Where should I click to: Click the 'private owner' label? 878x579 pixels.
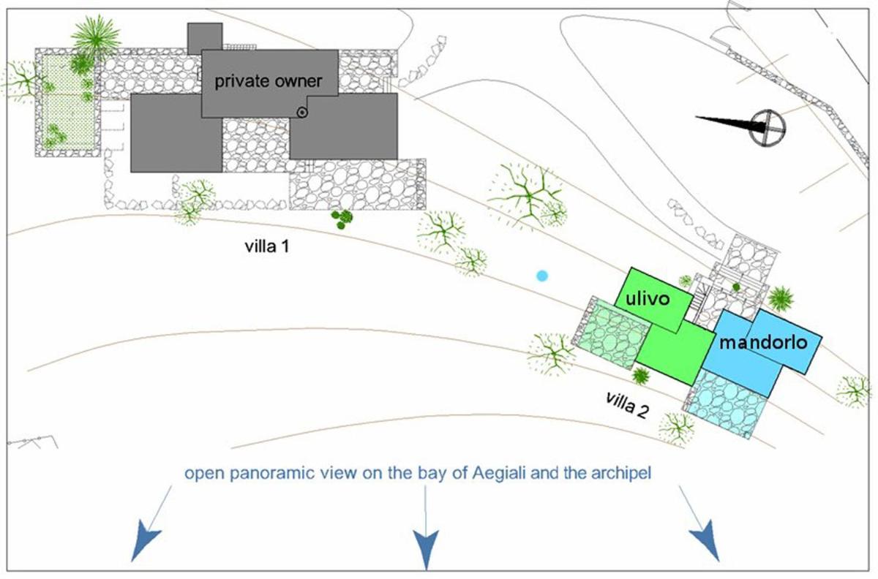click(269, 82)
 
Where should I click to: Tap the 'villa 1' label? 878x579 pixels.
click(267, 246)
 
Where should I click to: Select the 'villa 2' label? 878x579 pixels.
click(627, 405)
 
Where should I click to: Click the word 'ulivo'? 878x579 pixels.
click(648, 298)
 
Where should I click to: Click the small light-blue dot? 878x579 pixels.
click(541, 276)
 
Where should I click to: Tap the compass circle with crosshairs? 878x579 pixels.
click(768, 128)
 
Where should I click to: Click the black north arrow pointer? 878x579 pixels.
click(730, 124)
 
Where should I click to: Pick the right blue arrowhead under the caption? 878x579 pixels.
click(706, 540)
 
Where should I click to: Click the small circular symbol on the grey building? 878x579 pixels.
click(301, 113)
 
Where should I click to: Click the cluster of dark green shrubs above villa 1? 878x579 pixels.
click(342, 218)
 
